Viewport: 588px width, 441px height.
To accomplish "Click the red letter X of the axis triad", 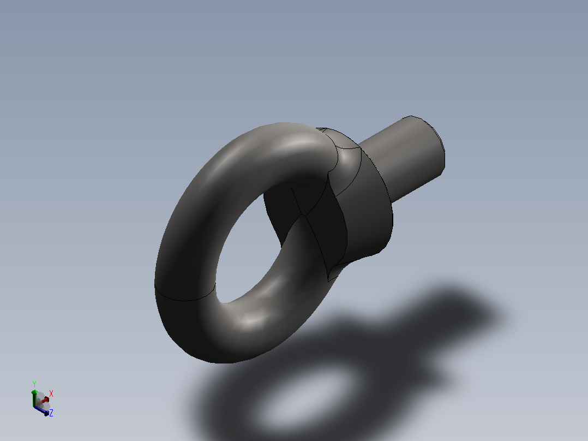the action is point(51,394).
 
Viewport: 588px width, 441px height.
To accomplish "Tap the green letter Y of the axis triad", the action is point(34,384).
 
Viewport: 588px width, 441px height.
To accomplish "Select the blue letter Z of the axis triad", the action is point(51,413).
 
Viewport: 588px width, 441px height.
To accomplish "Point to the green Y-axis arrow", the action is point(34,398).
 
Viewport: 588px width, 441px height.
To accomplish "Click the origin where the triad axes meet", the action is point(35,407).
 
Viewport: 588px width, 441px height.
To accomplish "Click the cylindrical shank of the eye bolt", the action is point(401,158).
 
